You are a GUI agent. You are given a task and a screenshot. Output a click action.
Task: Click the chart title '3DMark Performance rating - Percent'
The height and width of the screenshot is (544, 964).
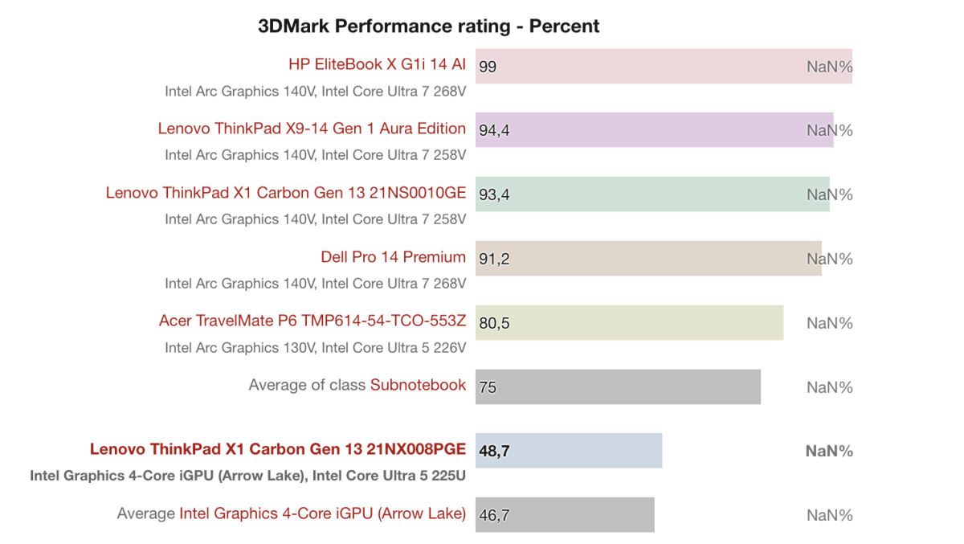(428, 27)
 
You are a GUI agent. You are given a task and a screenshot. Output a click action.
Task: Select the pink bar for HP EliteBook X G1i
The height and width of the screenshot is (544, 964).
(643, 66)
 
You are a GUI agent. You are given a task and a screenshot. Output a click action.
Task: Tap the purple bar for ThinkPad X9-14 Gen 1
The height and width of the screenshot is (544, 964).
(643, 130)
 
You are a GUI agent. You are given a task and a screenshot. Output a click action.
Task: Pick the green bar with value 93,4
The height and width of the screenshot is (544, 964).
(643, 194)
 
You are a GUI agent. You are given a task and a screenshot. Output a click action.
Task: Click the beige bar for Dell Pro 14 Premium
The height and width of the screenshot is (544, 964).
(643, 259)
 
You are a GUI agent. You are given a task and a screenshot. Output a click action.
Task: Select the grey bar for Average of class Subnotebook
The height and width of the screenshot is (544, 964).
(618, 387)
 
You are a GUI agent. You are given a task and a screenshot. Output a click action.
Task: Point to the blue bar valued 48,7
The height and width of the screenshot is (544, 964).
(569, 451)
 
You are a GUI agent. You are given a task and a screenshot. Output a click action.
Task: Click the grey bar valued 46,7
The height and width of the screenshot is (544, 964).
(565, 515)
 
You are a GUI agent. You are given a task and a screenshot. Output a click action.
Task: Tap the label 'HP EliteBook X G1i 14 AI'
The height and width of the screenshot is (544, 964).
(377, 64)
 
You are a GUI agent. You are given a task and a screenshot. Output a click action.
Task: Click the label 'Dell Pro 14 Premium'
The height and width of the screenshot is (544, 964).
(393, 257)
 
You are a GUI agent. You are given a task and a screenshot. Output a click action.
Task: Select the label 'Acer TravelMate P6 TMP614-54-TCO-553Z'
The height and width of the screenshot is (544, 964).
(312, 321)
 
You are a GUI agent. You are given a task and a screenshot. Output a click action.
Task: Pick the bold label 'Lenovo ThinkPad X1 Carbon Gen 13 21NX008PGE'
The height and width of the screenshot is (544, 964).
(277, 449)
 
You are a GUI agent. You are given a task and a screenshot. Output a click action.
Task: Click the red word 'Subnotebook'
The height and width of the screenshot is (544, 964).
(418, 385)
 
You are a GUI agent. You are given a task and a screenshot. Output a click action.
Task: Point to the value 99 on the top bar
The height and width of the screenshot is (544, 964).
(488, 67)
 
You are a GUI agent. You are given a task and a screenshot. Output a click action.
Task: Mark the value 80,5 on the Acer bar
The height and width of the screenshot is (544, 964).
(494, 324)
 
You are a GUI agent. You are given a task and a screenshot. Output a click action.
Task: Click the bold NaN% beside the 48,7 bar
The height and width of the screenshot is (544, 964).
(829, 451)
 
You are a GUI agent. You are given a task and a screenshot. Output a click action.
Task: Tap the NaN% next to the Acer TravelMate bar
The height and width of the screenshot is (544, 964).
(829, 323)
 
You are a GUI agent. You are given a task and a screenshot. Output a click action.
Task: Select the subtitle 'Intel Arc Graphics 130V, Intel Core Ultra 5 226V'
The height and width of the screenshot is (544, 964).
(315, 348)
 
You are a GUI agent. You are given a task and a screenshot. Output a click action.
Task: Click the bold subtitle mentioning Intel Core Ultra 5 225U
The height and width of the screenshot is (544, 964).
(247, 476)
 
